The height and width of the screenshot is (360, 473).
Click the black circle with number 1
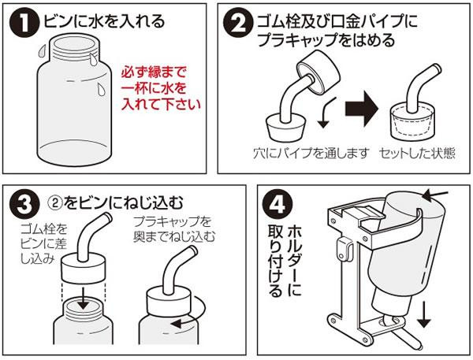(x=24, y=24)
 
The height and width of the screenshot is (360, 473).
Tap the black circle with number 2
(x=238, y=24)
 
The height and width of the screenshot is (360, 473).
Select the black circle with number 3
(x=24, y=204)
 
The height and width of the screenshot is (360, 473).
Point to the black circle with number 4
(x=277, y=204)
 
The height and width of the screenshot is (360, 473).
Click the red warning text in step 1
(x=161, y=88)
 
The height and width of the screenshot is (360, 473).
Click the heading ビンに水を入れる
(x=104, y=22)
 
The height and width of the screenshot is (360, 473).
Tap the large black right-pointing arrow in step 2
(x=362, y=108)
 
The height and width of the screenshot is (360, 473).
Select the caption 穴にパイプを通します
(x=311, y=153)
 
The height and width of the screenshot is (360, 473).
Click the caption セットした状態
(x=417, y=153)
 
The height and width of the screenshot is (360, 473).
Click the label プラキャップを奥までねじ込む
(x=174, y=229)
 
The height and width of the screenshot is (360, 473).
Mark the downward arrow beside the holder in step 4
(x=424, y=315)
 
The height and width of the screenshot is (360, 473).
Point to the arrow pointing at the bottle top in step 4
(x=435, y=195)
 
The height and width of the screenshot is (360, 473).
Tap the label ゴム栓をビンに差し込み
(x=44, y=244)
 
